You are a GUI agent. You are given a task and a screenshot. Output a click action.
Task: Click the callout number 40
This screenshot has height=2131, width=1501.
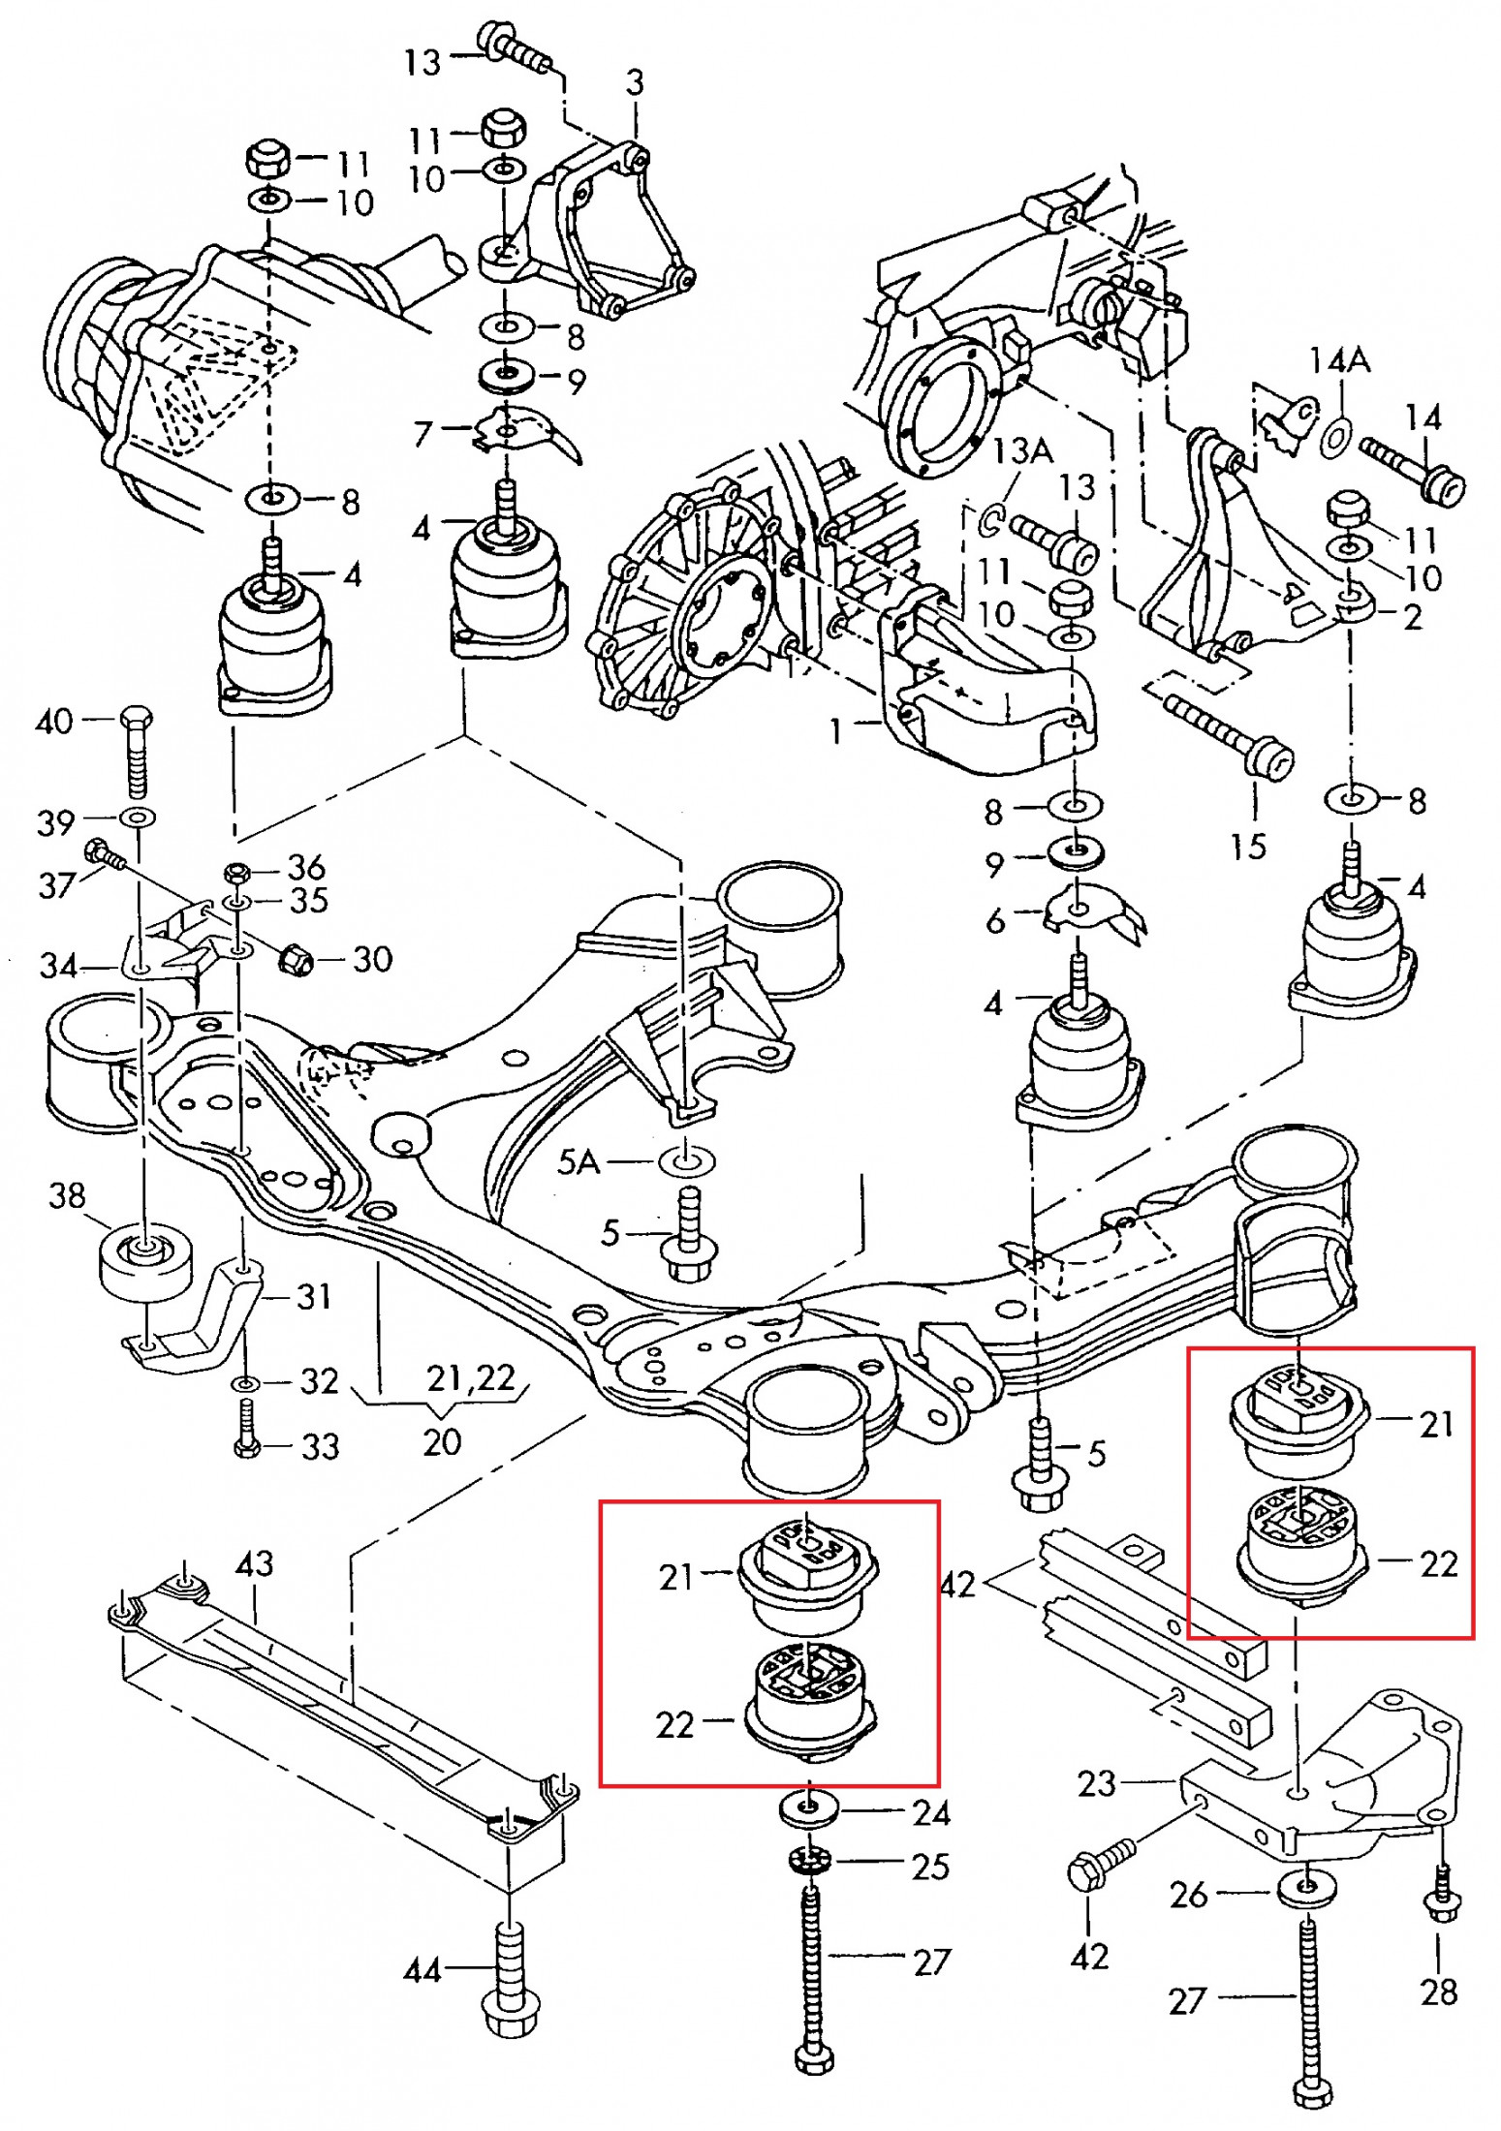54,722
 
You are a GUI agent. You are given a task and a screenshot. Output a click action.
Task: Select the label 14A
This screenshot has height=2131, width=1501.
1339,360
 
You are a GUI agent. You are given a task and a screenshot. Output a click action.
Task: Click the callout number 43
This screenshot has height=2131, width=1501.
254,1563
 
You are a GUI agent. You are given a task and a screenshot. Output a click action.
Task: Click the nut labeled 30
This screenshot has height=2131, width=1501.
296,959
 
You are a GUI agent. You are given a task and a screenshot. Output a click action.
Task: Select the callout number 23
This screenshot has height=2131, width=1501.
1097,1783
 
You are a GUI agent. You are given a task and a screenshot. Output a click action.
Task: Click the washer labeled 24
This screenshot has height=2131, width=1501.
808,1809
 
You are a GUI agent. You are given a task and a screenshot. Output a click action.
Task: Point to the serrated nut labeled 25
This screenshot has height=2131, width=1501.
809,1861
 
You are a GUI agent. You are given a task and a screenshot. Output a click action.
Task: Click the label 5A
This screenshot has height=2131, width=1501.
579,1160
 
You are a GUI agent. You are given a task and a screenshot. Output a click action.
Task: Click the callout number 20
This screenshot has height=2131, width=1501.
441,1442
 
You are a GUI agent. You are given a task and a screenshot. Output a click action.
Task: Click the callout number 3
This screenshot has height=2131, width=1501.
635,83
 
